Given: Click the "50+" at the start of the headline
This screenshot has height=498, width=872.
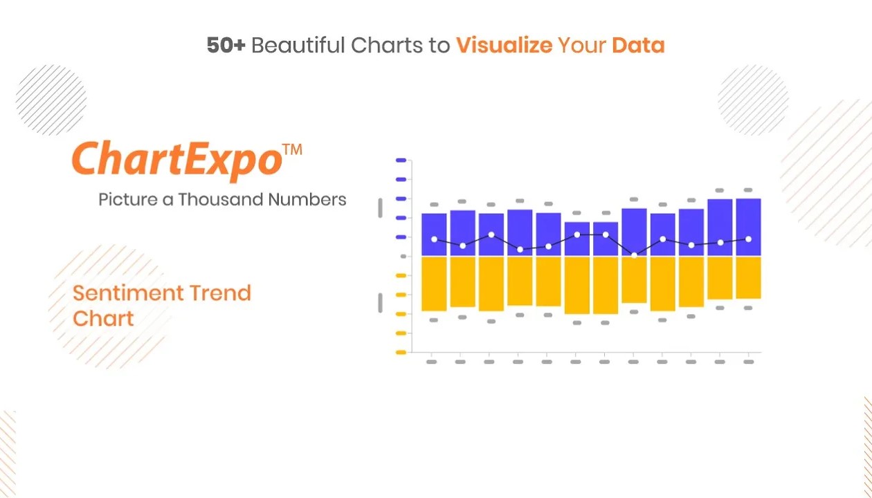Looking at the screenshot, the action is pyautogui.click(x=226, y=45).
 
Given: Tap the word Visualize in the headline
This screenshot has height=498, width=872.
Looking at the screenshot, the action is pyautogui.click(x=504, y=45).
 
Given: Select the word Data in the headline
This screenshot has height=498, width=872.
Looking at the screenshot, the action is pyautogui.click(x=638, y=45).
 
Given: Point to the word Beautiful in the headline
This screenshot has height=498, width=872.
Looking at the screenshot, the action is pyautogui.click(x=298, y=45).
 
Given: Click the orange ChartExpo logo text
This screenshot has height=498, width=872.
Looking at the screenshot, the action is pyautogui.click(x=177, y=160).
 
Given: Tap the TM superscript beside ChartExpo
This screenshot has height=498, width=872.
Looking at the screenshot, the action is pyautogui.click(x=292, y=149).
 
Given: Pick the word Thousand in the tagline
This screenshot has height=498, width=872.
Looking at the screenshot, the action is pyautogui.click(x=221, y=199).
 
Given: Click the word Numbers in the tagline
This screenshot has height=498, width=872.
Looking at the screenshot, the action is pyautogui.click(x=307, y=199).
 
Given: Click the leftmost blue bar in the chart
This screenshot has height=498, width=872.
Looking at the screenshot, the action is pyautogui.click(x=434, y=234).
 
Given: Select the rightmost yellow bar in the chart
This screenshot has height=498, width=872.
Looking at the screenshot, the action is pyautogui.click(x=748, y=277).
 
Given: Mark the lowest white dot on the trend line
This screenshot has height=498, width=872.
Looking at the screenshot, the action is pyautogui.click(x=634, y=255).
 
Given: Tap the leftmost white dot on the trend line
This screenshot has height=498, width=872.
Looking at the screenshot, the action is pyautogui.click(x=435, y=239).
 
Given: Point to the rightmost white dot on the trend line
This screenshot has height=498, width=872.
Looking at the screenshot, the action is pyautogui.click(x=748, y=239).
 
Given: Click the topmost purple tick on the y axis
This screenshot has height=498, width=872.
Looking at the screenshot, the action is pyautogui.click(x=401, y=160).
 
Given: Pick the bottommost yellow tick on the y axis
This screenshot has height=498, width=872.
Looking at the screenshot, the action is pyautogui.click(x=401, y=353).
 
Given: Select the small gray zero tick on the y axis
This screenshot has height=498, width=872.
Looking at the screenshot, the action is pyautogui.click(x=403, y=257).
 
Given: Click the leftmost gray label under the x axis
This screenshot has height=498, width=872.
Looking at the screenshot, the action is pyautogui.click(x=431, y=362).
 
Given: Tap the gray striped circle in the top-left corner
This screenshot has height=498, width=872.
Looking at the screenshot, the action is pyautogui.click(x=51, y=100).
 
